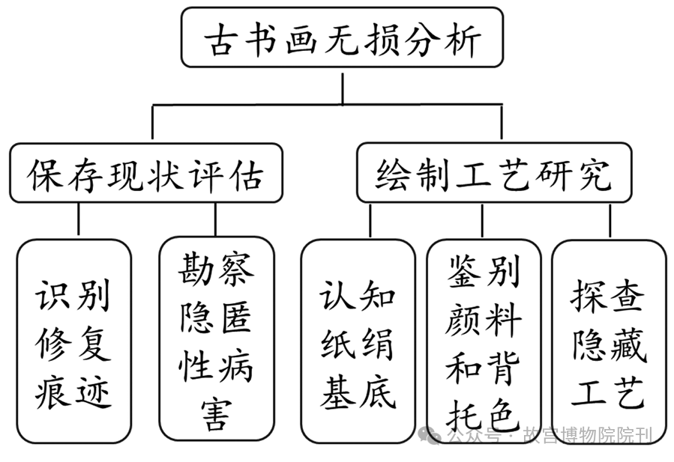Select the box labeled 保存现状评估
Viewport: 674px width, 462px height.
click(x=146, y=173)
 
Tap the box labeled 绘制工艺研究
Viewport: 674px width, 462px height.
click(x=493, y=173)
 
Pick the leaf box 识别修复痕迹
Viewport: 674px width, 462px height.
click(x=73, y=341)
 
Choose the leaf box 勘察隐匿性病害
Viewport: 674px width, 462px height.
click(x=216, y=341)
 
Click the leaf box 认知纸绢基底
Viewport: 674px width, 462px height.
click(x=358, y=341)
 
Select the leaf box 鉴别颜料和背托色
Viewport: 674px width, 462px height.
click(x=484, y=341)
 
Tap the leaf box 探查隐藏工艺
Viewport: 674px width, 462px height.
click(x=609, y=341)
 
